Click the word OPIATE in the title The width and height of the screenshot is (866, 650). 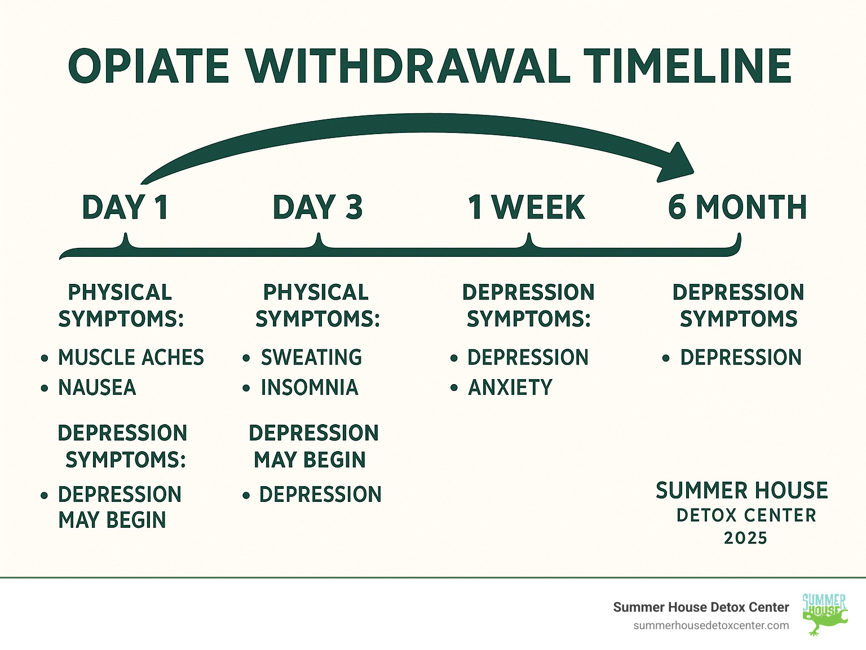click(x=148, y=66)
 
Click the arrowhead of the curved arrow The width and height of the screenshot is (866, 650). click(x=674, y=163)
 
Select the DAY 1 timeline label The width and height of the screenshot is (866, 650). click(x=126, y=207)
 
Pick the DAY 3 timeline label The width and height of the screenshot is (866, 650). click(x=317, y=207)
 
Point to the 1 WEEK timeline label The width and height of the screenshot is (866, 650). click(x=526, y=207)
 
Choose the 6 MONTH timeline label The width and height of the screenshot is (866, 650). click(x=737, y=207)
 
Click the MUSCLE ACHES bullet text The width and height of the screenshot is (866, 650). click(x=131, y=357)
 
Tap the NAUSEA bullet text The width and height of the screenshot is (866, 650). click(x=97, y=387)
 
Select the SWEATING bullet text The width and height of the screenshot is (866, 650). click(x=311, y=357)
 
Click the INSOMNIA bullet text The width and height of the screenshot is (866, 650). click(x=310, y=387)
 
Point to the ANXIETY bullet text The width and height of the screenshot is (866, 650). click(x=510, y=387)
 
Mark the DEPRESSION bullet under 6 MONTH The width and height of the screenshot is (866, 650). click(x=741, y=357)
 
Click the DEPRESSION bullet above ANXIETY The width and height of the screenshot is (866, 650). click(x=528, y=357)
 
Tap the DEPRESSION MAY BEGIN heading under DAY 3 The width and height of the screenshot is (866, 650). click(x=313, y=446)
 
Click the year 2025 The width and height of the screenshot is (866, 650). click(x=746, y=538)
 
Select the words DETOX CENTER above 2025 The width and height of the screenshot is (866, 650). click(x=746, y=515)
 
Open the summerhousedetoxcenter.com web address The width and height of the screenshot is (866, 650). click(x=711, y=626)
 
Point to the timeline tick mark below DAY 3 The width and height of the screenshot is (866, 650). click(x=319, y=241)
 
